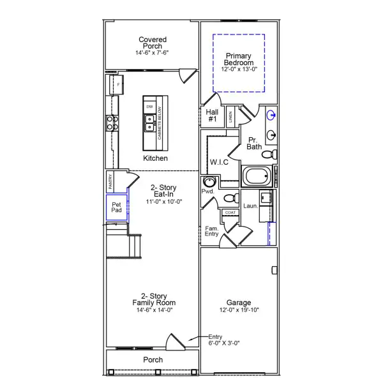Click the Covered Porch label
[x=153, y=43]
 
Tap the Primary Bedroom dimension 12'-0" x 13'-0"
[x=239, y=69]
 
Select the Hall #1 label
[x=213, y=115]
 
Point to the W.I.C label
[x=219, y=163]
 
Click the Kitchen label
[x=156, y=158]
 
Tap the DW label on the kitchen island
[x=149, y=107]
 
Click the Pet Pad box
[x=116, y=207]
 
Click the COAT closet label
[x=230, y=213]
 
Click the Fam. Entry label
[x=212, y=231]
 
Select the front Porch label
[x=153, y=360]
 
